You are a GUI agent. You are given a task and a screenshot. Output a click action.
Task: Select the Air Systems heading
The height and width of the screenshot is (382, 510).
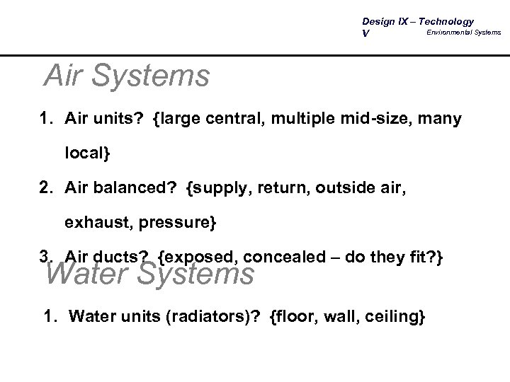[126, 75]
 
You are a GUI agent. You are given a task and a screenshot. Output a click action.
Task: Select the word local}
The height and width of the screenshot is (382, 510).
[89, 153]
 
